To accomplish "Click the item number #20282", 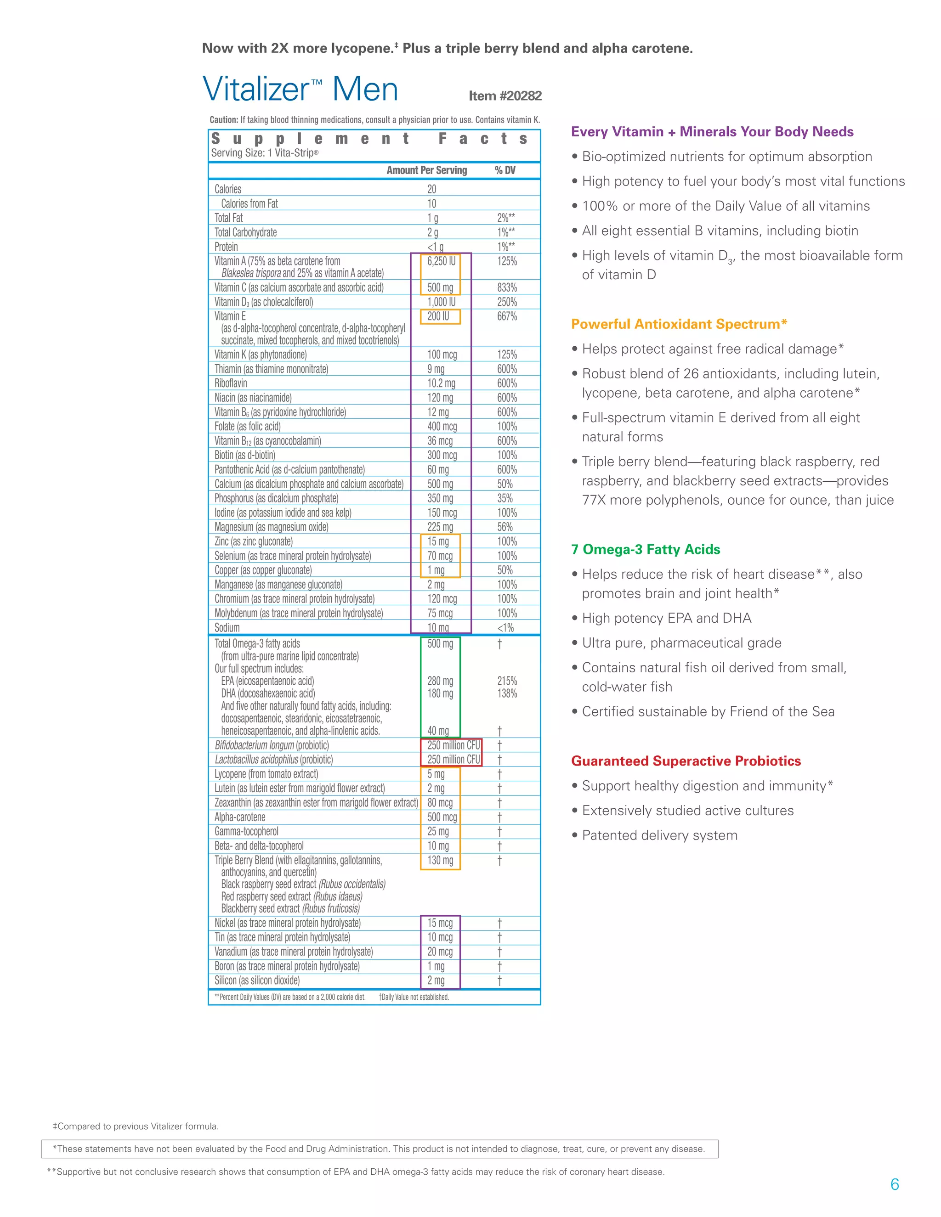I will click(505, 96).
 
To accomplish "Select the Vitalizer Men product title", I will click(300, 89).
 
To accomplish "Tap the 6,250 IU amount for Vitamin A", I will click(441, 261).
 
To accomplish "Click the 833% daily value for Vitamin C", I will click(507, 287).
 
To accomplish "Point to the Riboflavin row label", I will click(231, 383).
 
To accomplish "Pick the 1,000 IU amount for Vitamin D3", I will click(441, 302).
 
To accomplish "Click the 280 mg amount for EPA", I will click(440, 681).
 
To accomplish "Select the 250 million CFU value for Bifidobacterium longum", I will click(453, 745).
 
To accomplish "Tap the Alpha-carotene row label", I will click(240, 817).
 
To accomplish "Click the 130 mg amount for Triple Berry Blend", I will click(440, 860).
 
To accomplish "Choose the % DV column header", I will click(505, 170).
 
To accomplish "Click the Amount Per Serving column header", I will click(426, 170).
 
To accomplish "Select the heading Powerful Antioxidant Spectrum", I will click(679, 324).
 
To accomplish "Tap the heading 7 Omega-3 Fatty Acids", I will click(645, 549).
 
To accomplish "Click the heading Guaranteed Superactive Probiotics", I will click(686, 761).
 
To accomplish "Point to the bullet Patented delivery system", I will click(659, 835).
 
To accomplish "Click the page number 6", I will click(894, 1185).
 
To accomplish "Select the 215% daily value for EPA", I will click(507, 681).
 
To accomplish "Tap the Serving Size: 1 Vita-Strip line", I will click(264, 152).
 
